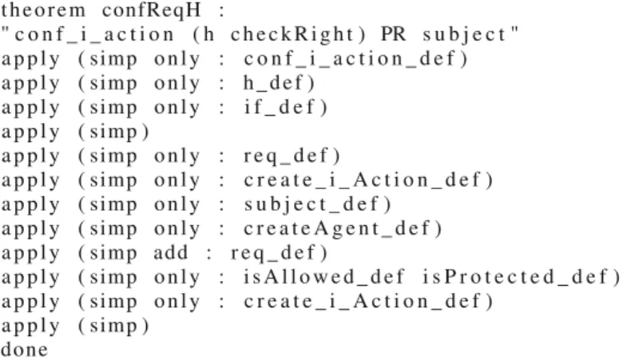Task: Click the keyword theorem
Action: pyautogui.click(x=43, y=10)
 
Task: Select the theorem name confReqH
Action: pyautogui.click(x=152, y=10)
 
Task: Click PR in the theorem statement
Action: pyautogui.click(x=394, y=34)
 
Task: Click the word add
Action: pyautogui.click(x=171, y=252)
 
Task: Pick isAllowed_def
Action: pyautogui.click(x=324, y=277)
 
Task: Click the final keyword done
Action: pyautogui.click(x=25, y=350)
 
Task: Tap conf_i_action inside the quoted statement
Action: pyautogui.click(x=94, y=35)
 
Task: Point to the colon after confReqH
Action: pyautogui.click(x=221, y=11)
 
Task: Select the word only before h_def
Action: pyautogui.click(x=177, y=83)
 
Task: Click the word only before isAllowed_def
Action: pyautogui.click(x=177, y=277)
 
